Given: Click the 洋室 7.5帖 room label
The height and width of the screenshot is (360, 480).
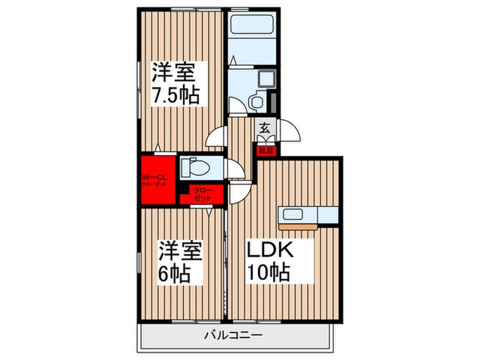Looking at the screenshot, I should click(176, 82).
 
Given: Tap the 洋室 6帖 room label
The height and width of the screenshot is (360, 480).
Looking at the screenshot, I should click(181, 261).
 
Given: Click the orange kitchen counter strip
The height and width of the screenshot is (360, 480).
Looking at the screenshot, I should click(296, 224).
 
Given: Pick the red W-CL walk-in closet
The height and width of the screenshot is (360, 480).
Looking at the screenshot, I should click(158, 180).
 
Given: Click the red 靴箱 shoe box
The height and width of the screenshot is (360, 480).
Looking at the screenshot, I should click(265, 150).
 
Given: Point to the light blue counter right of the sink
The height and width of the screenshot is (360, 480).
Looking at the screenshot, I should click(327, 215).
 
